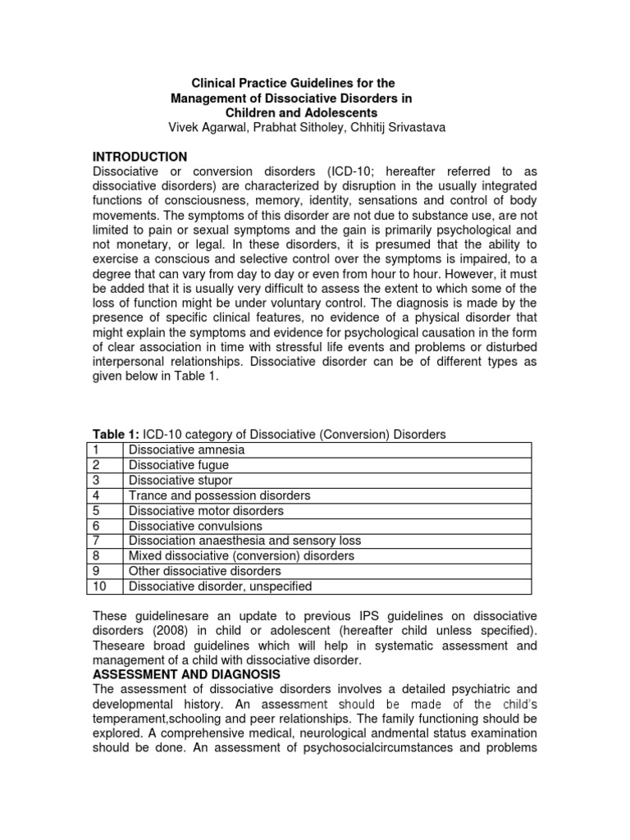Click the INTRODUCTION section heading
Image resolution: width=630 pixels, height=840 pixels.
click(x=139, y=157)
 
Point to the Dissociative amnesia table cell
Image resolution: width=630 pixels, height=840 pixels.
click(x=186, y=450)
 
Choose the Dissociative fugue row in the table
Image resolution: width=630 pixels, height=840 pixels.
click(x=179, y=465)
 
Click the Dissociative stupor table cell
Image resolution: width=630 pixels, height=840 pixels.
click(x=180, y=481)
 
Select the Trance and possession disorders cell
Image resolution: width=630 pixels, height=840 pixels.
click(x=219, y=495)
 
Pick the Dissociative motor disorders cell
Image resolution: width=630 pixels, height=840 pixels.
click(x=206, y=510)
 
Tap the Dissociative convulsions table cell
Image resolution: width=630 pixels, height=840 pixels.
click(x=195, y=526)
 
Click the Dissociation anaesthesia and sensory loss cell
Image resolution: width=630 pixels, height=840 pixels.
click(x=244, y=541)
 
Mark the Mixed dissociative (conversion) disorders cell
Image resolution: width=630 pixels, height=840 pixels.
click(x=241, y=556)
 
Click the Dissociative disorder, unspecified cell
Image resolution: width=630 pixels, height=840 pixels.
click(x=220, y=587)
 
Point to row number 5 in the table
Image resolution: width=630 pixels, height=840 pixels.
click(x=95, y=510)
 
